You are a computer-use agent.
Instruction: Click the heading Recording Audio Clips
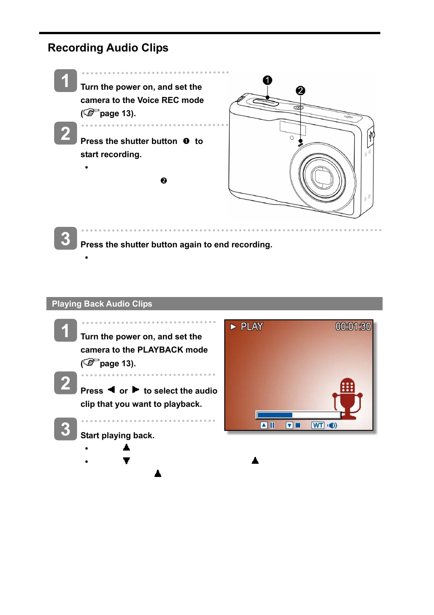point(108,48)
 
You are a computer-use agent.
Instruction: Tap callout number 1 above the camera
point(267,80)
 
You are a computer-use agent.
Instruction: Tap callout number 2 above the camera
point(300,91)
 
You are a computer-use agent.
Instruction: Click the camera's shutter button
point(265,102)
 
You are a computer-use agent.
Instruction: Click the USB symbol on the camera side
point(371,135)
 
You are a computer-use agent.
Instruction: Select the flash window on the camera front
point(293,128)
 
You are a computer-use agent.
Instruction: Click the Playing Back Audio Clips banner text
point(102,304)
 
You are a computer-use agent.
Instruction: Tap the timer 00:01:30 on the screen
point(353,327)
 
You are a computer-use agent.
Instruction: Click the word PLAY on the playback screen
point(252,327)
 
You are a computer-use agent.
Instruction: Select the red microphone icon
point(348,398)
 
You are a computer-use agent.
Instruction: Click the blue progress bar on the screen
point(275,415)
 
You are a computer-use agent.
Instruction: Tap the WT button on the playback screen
point(318,425)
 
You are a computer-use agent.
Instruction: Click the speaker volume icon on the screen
point(332,425)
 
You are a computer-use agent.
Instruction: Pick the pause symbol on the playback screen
point(272,425)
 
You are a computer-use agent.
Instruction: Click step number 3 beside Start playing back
point(66,429)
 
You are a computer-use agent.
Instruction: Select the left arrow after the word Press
point(111,389)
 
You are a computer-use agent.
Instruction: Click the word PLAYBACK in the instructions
point(160,350)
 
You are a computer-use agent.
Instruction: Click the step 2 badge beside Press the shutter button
point(66,133)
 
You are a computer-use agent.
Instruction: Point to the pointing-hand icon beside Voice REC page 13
point(91,112)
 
